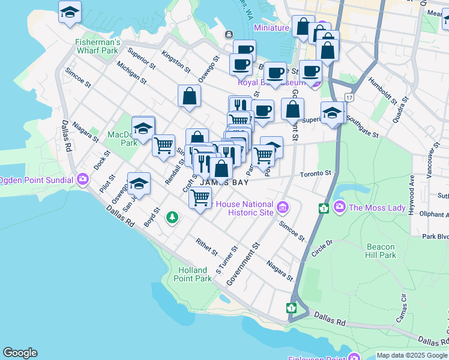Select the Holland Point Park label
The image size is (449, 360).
[x=193, y=274]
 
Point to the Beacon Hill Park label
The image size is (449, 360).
[x=381, y=251]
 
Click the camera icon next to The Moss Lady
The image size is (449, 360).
[x=340, y=207]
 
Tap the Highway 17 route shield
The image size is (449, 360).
[x=349, y=97]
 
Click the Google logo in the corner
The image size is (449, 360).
[x=20, y=353]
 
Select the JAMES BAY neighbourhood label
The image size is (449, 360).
[x=223, y=182]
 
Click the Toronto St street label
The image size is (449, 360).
[x=316, y=173]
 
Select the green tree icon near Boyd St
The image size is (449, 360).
[x=172, y=217]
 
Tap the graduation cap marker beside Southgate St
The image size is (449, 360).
[x=332, y=112]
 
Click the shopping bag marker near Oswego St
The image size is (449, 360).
[x=189, y=96]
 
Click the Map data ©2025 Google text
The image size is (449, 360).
[x=412, y=355]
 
